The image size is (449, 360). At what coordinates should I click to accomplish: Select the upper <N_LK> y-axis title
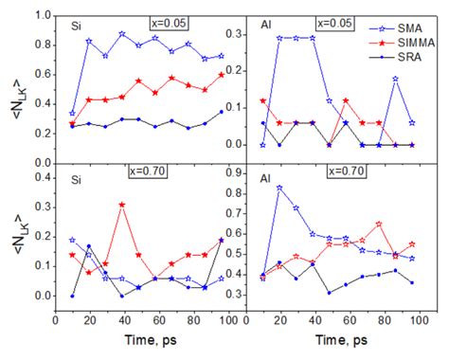(x=12, y=85)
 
